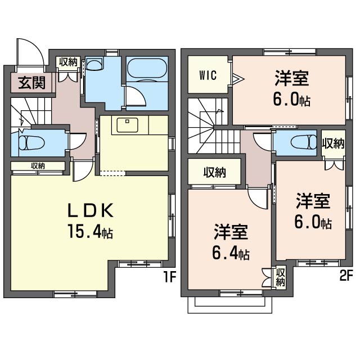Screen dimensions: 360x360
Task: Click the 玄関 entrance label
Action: click(x=31, y=83)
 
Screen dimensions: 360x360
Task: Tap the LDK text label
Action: click(x=91, y=210)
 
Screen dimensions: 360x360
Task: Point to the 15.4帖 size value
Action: click(x=90, y=231)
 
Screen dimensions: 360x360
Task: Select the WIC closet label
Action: click(x=208, y=75)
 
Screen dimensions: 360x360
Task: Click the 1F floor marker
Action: click(x=170, y=277)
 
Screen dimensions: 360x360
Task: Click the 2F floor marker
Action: click(x=346, y=276)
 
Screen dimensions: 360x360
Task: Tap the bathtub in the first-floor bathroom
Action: click(x=147, y=68)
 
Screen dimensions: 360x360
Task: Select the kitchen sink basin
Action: click(x=127, y=125)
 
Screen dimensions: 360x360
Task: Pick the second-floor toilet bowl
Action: click(x=304, y=142)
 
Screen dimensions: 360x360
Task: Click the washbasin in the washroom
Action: click(x=94, y=64)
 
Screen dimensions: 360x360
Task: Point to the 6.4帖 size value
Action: click(x=231, y=253)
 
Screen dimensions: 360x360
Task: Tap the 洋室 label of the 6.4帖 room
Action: click(x=231, y=232)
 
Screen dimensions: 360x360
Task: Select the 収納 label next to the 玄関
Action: click(x=68, y=62)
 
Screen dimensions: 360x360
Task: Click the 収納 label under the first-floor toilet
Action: click(x=38, y=166)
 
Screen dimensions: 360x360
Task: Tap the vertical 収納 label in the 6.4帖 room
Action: click(x=280, y=277)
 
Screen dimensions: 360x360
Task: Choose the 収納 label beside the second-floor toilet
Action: click(x=333, y=144)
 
